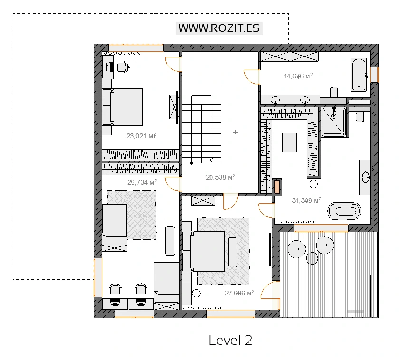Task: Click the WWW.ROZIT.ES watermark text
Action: click(x=219, y=28)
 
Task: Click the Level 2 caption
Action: click(x=230, y=340)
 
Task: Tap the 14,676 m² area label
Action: click(x=298, y=76)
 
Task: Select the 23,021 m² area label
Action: click(x=141, y=135)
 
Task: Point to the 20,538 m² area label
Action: click(x=221, y=177)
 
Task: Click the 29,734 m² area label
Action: click(x=142, y=182)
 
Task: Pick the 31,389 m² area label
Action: click(x=307, y=200)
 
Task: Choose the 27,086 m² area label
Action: click(x=240, y=293)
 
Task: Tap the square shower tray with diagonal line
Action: click(x=334, y=122)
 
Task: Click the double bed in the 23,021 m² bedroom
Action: click(x=123, y=107)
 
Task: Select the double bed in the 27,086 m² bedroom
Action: click(x=203, y=251)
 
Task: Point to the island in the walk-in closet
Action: click(x=289, y=142)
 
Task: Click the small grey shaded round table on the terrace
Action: click(x=312, y=258)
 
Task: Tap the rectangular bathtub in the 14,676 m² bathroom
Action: click(x=359, y=75)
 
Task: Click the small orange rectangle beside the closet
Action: click(x=277, y=187)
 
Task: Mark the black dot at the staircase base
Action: click(x=191, y=163)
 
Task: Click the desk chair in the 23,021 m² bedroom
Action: click(x=123, y=67)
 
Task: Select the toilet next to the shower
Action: click(x=360, y=116)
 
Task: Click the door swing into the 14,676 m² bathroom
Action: click(x=252, y=77)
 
